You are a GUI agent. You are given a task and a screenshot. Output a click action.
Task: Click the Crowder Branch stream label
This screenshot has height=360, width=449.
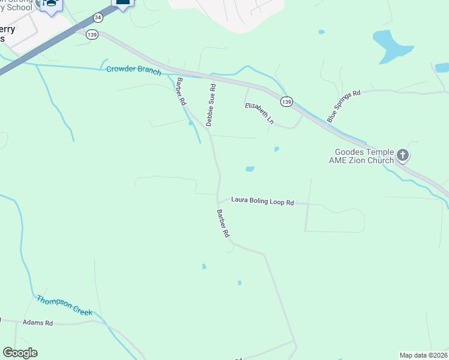point(133,70)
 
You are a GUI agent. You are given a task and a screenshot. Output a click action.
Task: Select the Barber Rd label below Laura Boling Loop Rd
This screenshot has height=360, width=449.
point(223,223)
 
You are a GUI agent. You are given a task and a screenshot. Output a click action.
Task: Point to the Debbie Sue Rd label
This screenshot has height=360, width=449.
point(210,105)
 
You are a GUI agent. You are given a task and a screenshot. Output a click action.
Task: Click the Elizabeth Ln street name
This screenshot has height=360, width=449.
point(259,113)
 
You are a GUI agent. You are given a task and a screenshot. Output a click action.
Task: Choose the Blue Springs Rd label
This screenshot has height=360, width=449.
point(344,107)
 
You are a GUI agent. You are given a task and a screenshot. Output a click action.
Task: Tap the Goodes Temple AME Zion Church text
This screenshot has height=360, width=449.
point(361,157)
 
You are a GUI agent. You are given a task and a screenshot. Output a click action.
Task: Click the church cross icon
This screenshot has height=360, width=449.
point(403,157)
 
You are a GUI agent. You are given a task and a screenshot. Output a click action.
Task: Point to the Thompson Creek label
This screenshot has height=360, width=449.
point(64,305)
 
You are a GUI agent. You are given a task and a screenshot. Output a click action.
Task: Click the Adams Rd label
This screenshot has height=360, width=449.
point(38,323)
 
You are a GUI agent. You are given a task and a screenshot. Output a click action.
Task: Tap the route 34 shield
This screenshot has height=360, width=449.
point(98,19)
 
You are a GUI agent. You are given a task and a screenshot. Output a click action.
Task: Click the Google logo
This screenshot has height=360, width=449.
point(20,353)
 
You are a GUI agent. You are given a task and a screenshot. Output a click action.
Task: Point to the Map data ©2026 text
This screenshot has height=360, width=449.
point(423,355)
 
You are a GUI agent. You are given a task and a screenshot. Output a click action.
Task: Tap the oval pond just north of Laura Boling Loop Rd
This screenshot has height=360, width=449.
point(250,169)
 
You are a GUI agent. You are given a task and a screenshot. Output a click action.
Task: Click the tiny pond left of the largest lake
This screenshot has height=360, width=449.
point(322,32)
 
